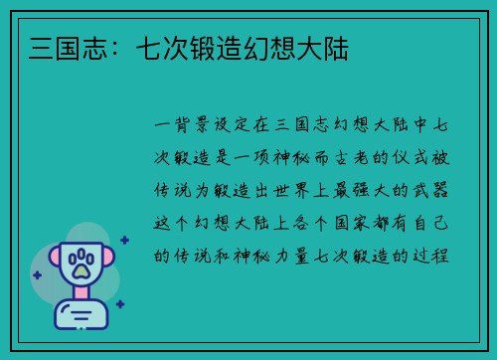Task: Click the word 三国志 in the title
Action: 55,47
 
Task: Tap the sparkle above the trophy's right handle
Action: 124,240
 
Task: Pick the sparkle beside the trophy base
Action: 120,305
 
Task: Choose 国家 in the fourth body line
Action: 343,223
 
